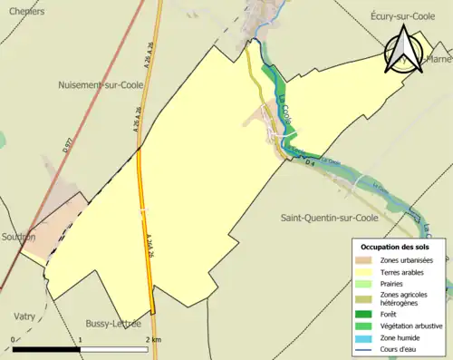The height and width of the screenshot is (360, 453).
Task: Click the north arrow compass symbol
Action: coord(401,50)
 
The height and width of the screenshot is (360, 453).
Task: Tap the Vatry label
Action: coord(25,316)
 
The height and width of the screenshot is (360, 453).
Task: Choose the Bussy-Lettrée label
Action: coord(113,323)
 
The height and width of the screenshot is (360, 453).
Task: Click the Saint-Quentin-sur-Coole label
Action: coord(329,218)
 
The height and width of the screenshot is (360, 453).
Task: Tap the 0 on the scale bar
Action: coord(14,339)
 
